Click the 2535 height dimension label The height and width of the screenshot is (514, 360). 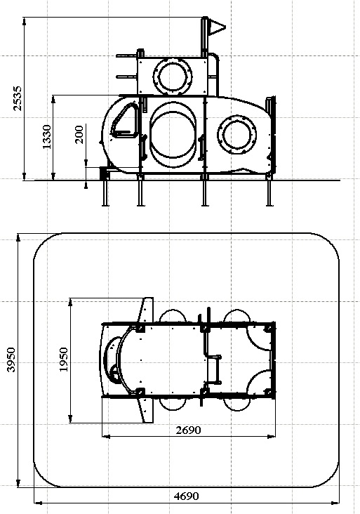click(18, 98)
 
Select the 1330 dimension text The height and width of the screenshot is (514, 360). click(47, 137)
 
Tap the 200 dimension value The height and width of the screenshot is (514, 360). click(79, 134)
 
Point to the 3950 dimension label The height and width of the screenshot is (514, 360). click(11, 360)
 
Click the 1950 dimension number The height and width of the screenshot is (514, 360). click(63, 360)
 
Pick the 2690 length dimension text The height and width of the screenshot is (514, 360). click(188, 430)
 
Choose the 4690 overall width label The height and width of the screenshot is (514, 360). click(186, 496)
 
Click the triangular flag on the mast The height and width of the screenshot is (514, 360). click(217, 27)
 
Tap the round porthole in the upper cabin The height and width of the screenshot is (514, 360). click(173, 77)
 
